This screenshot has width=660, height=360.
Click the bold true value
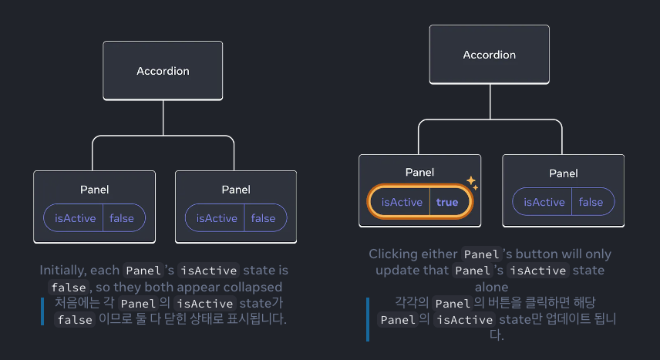point(447,202)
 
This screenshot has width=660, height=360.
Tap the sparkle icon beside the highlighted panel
point(472,183)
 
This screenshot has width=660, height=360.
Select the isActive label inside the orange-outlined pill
point(402,202)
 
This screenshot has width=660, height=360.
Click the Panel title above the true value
point(419,173)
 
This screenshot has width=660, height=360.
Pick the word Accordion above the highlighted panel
point(490,55)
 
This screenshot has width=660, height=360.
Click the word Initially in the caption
point(63,271)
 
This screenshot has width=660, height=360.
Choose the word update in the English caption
point(396,271)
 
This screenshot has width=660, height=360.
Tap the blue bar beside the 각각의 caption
point(368,319)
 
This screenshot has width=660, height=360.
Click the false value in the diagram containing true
point(591,202)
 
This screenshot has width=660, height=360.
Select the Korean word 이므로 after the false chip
point(114,319)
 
